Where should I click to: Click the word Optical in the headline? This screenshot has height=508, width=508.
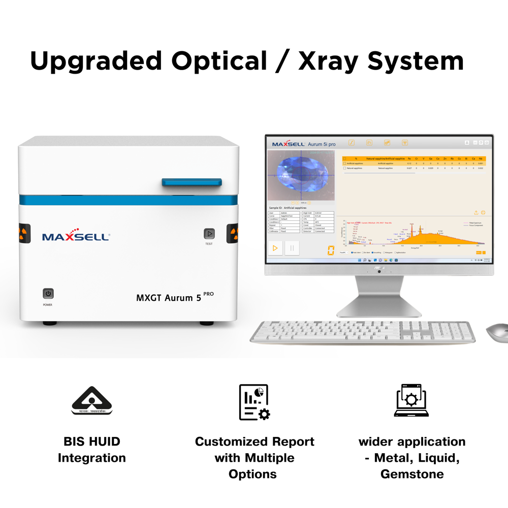pos(219,60)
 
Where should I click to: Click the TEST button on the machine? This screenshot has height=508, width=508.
pos(209,234)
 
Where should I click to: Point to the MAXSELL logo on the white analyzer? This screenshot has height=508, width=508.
pos(76,237)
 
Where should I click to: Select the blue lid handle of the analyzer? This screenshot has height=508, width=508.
pos(192,182)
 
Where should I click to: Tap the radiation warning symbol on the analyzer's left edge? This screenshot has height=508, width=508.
pos(23,233)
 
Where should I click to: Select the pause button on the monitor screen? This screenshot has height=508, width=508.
pos(292,248)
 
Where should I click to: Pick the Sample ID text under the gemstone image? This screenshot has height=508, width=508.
pos(288,208)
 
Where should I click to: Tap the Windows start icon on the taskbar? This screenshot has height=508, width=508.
pos(359,260)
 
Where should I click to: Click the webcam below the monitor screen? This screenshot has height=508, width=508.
pos(379,271)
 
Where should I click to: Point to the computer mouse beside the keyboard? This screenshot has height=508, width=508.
pos(497,333)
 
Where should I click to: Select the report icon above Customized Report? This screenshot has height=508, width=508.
pos(254,402)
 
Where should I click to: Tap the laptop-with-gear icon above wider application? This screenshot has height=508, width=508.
pos(411,401)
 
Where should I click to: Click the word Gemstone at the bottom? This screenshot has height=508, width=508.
pos(412,474)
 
